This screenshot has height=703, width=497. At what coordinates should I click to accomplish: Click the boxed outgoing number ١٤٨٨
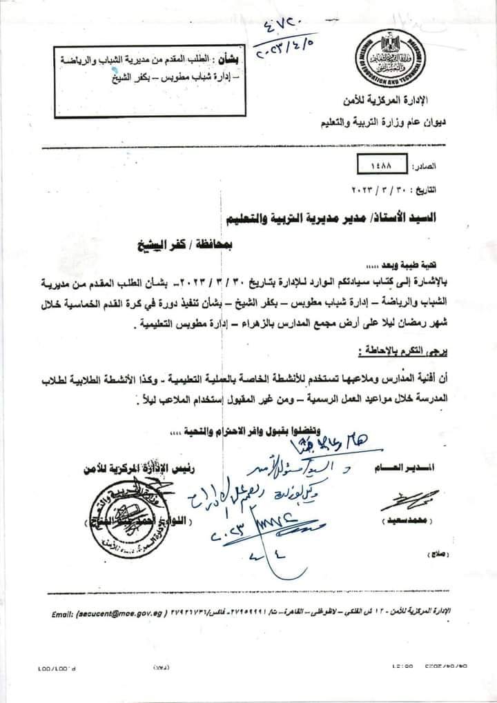tap(384, 166)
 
